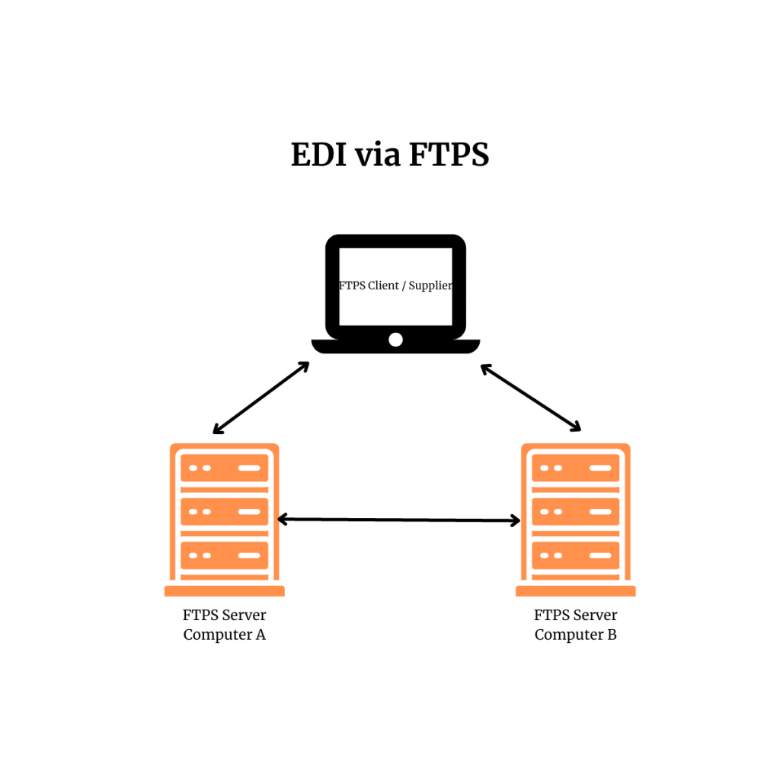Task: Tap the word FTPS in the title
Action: pyautogui.click(x=449, y=155)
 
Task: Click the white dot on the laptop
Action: pyautogui.click(x=395, y=340)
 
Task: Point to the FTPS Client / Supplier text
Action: pyautogui.click(x=395, y=286)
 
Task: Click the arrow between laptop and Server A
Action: pyautogui.click(x=261, y=398)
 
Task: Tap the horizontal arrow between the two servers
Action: pyautogui.click(x=398, y=519)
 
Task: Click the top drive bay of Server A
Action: pyautogui.click(x=224, y=468)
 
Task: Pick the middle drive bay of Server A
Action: pyautogui.click(x=224, y=512)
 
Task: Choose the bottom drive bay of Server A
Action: pyautogui.click(x=224, y=555)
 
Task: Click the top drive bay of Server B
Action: pyautogui.click(x=575, y=468)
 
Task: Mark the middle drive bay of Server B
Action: pyautogui.click(x=575, y=512)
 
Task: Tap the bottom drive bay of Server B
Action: pyautogui.click(x=575, y=555)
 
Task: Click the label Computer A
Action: pyautogui.click(x=224, y=635)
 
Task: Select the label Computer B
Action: pyautogui.click(x=575, y=635)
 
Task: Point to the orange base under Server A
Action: pyautogui.click(x=224, y=591)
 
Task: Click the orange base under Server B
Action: pyautogui.click(x=575, y=591)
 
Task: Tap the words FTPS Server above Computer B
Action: pyautogui.click(x=575, y=615)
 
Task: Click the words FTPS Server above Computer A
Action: pyautogui.click(x=224, y=615)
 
